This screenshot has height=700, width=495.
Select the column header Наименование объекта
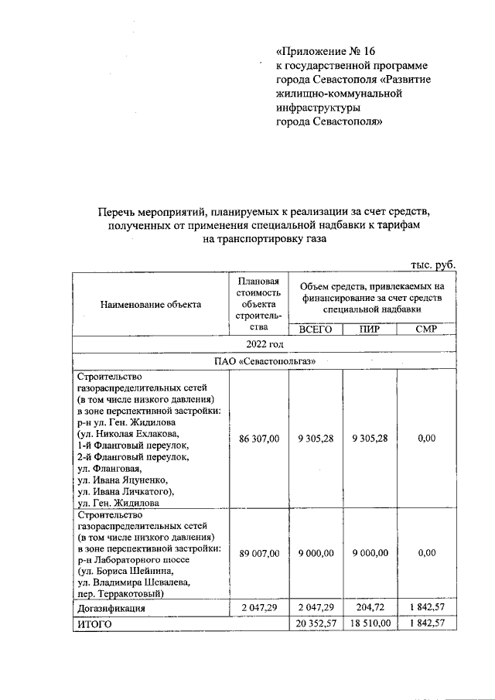(150, 304)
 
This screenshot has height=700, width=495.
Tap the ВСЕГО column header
(315, 329)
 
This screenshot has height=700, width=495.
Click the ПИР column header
(369, 329)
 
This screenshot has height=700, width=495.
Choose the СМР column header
(426, 329)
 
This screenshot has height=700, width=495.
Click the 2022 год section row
(265, 344)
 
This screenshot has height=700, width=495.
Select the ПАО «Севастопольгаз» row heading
(265, 361)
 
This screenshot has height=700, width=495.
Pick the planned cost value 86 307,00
(259, 439)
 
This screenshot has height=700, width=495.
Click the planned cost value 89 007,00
(259, 553)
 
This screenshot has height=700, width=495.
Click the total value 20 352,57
(315, 623)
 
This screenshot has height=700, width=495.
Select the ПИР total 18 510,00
(369, 623)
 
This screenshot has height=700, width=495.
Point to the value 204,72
(369, 609)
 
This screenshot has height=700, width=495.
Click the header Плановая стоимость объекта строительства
(259, 304)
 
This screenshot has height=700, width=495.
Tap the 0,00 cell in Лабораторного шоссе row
(426, 553)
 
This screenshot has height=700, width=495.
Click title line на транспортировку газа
(265, 239)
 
